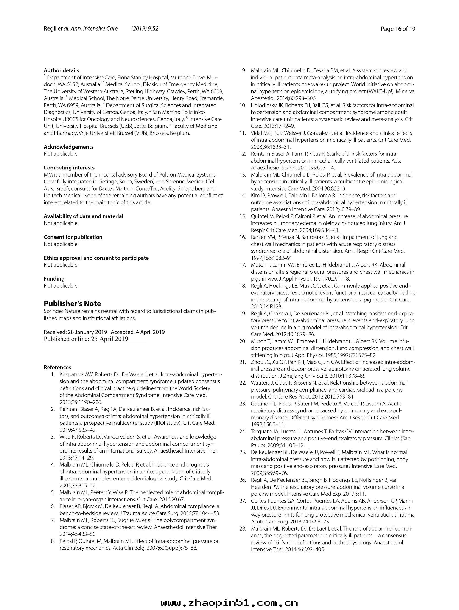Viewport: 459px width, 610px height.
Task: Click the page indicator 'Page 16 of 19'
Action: point(397,29)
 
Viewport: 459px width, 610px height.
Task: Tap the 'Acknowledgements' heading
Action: point(69,147)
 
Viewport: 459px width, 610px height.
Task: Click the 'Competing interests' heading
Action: point(69,168)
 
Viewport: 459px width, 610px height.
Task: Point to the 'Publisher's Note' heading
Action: point(72,303)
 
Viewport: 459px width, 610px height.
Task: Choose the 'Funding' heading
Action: point(54,278)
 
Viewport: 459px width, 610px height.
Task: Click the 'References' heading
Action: point(57,367)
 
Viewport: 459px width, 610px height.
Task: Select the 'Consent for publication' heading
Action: point(73,237)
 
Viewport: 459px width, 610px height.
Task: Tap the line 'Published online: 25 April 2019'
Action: point(86,339)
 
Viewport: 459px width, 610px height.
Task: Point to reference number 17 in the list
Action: point(243,265)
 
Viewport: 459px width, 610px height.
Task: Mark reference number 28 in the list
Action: point(243,529)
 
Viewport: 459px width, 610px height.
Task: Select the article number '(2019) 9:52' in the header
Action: point(145,29)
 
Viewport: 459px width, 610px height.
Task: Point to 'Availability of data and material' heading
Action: point(83,216)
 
